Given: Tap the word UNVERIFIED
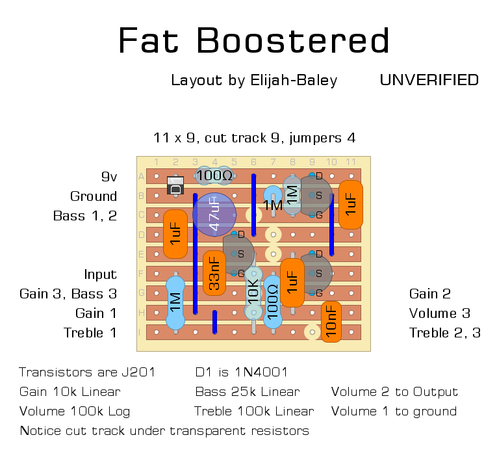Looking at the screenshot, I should (429, 80).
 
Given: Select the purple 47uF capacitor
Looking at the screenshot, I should (214, 214).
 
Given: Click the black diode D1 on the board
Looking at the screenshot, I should (175, 186).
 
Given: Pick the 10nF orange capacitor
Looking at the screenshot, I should (331, 321).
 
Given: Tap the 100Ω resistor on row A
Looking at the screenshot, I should (215, 176).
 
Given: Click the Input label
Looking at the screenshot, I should (100, 274).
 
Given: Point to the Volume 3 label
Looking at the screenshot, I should (439, 313).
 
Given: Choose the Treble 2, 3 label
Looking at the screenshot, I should (444, 333).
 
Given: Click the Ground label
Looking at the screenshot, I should (94, 196).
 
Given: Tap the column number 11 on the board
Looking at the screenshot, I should (351, 162).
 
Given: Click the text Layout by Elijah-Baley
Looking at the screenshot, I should (254, 80).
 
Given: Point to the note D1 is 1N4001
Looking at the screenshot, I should (241, 373).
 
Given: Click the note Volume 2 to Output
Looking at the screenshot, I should (394, 392).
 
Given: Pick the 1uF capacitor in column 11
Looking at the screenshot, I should (351, 204).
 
